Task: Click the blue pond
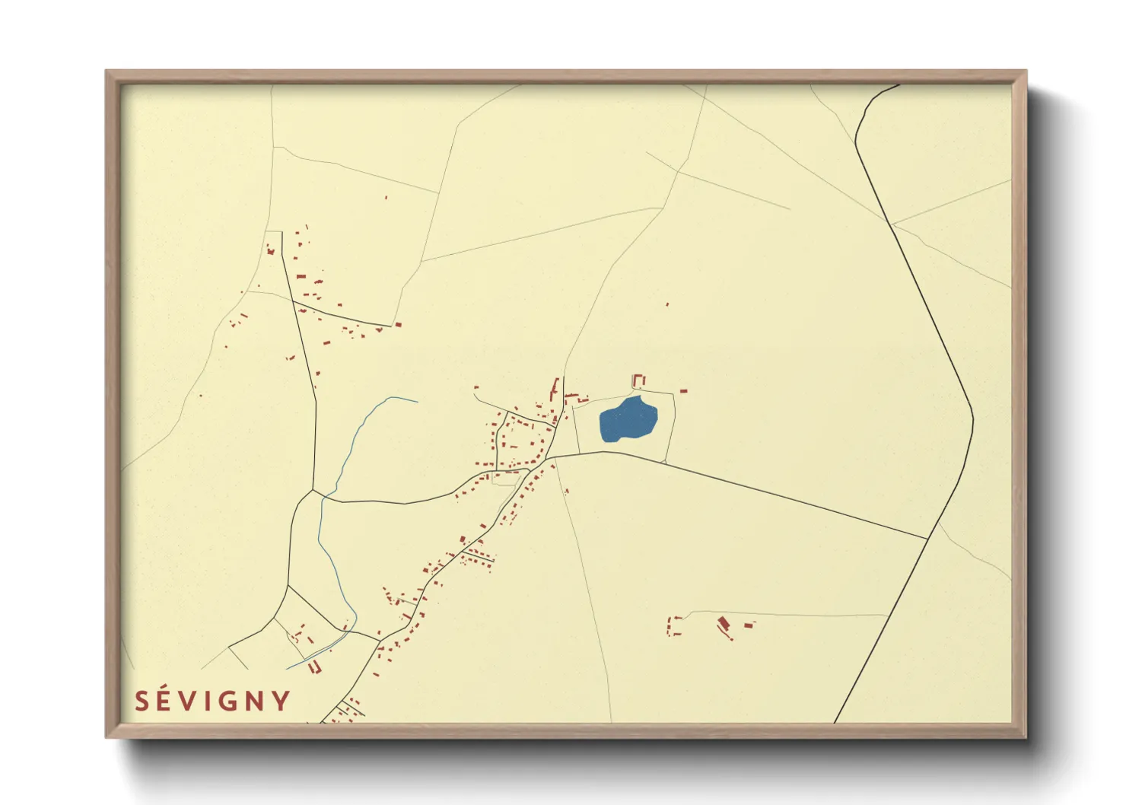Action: coord(628,420)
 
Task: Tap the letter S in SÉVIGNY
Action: coord(142,701)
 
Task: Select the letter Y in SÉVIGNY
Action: coord(281,701)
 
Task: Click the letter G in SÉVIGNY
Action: coord(227,701)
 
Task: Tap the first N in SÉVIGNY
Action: coord(255,701)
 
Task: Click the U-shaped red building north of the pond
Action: coord(639,380)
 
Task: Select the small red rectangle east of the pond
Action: coord(683,391)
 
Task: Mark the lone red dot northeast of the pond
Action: coord(667,304)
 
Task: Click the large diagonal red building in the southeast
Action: coord(724,626)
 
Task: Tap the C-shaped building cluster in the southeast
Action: coord(673,626)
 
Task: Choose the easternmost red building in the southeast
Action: coord(749,625)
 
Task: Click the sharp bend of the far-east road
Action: coord(973,418)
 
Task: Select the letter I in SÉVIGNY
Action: coord(208,701)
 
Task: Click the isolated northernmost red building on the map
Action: coord(386,198)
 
